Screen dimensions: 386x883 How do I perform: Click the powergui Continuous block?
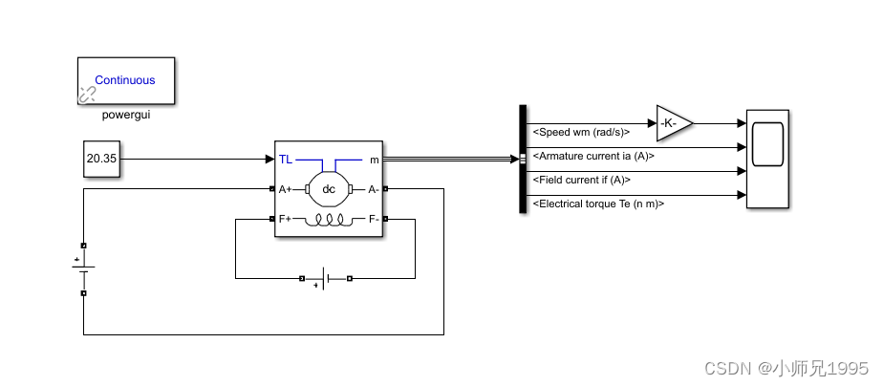point(125,80)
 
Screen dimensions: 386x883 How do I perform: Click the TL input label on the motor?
point(286,160)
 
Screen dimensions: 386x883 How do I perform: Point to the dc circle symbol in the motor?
point(329,189)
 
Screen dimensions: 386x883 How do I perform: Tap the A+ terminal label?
point(286,189)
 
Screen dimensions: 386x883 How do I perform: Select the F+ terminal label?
point(286,219)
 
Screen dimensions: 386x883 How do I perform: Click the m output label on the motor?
point(374,160)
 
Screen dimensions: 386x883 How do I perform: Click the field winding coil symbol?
point(329,220)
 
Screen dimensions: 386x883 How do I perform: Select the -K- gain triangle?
point(672,122)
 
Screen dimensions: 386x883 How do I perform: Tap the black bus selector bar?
point(523,159)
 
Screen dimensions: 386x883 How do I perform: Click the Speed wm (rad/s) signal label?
point(581,131)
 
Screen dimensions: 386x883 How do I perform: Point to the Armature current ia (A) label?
point(593,155)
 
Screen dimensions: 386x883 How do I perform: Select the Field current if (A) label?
point(581,180)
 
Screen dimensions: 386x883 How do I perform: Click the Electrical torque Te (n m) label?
point(598,204)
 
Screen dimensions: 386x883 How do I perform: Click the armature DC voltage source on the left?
point(83,269)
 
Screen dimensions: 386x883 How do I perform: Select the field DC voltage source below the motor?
point(326,279)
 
